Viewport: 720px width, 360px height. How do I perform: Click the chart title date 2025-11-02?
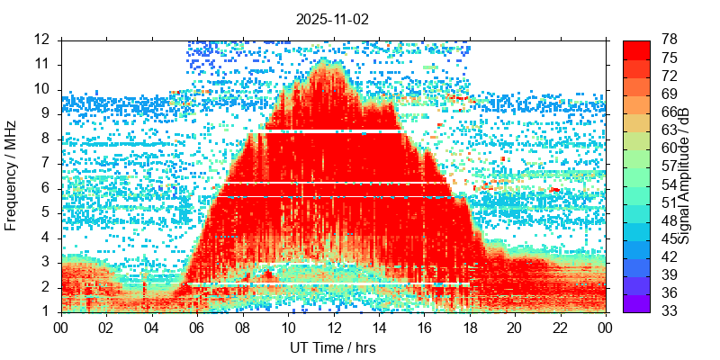333,19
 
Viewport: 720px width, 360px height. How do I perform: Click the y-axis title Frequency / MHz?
12,175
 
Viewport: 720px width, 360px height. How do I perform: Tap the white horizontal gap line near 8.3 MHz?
324,132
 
